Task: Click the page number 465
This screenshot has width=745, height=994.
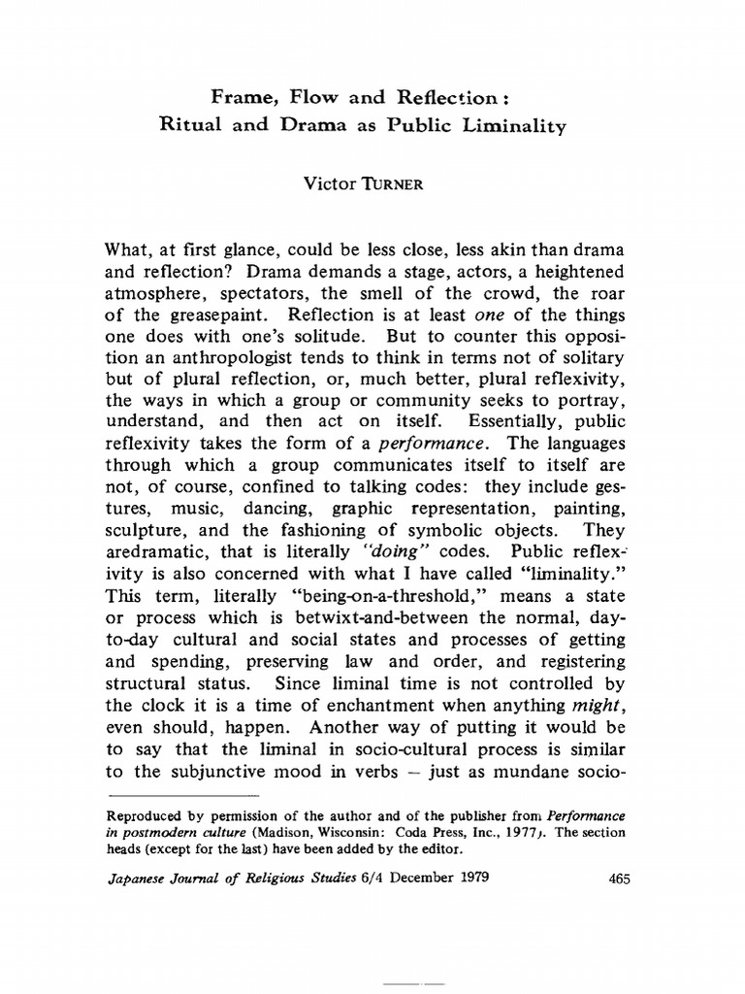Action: click(620, 880)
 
